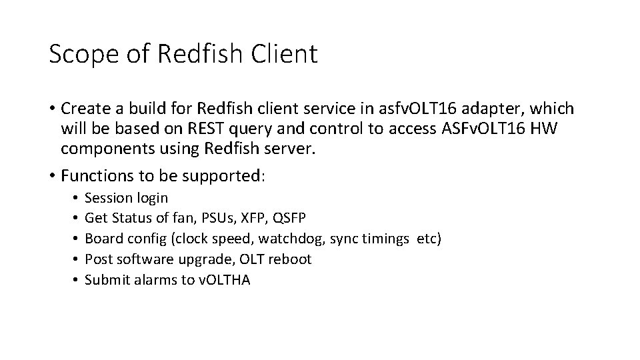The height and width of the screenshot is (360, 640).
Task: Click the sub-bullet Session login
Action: pos(127,198)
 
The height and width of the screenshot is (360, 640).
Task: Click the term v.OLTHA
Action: pos(225,280)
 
